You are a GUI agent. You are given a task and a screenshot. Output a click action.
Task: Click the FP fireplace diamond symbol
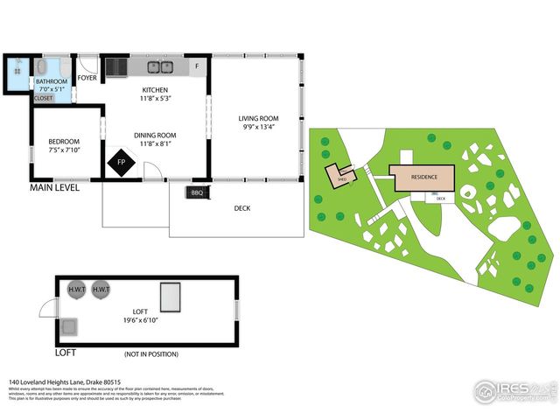click(x=122, y=163)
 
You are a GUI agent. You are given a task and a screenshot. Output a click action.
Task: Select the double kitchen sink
click(x=160, y=66)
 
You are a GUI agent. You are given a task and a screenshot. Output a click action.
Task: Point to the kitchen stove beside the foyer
click(x=115, y=66)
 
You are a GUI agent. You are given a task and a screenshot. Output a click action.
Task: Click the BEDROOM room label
click(x=64, y=142)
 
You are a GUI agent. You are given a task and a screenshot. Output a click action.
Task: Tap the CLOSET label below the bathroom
click(x=43, y=98)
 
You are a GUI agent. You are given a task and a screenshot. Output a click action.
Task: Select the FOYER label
click(x=87, y=78)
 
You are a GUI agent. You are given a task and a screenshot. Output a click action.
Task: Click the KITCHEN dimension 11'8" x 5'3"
click(x=155, y=100)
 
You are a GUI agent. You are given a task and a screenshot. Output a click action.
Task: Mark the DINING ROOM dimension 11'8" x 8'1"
click(x=155, y=145)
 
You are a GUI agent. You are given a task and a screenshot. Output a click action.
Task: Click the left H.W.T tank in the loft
click(x=76, y=289)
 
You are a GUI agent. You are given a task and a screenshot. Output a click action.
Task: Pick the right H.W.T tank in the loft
click(x=101, y=289)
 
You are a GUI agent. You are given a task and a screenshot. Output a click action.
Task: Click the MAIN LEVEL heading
click(x=56, y=187)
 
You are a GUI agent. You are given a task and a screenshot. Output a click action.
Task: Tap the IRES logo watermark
click(x=512, y=390)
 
